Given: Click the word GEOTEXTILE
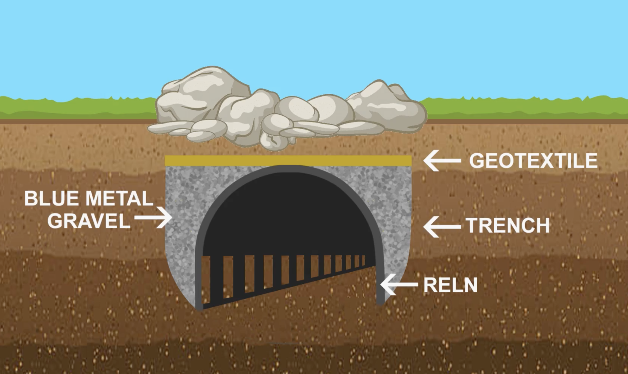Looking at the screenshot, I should tap(533, 161).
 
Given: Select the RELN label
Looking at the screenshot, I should tap(450, 285).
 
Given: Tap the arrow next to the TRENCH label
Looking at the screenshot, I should tap(442, 227).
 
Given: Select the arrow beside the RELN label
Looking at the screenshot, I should tap(399, 285).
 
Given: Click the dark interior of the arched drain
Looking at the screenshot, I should tap(288, 214).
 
